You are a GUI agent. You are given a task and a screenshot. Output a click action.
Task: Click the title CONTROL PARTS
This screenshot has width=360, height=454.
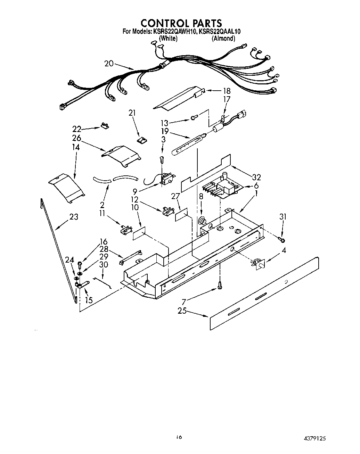[181, 23]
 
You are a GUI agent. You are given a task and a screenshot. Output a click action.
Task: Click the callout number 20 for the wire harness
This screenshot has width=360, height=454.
[109, 63]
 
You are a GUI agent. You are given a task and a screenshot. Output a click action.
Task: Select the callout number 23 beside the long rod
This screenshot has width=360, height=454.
[73, 217]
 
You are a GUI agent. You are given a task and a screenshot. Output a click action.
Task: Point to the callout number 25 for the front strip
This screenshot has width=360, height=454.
[182, 311]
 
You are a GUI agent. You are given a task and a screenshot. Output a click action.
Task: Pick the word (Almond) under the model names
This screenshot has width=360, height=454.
[223, 39]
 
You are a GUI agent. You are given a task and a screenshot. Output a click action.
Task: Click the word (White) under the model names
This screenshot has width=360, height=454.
[168, 39]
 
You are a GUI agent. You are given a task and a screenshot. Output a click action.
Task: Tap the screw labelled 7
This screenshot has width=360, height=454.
[219, 285]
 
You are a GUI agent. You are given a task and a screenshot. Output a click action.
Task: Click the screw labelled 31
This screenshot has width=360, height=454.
[281, 240]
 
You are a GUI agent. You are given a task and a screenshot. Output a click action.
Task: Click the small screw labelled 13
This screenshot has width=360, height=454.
[194, 118]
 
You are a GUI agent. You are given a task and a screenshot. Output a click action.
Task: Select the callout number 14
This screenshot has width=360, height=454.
[76, 147]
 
